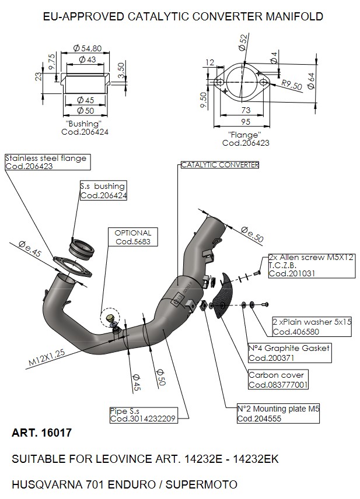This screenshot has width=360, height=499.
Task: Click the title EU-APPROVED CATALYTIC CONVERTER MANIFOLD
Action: click(183, 16)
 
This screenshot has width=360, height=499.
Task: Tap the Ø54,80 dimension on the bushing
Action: click(88, 48)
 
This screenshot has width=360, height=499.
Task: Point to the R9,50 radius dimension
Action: click(292, 85)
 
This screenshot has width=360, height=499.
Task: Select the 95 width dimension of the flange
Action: click(246, 122)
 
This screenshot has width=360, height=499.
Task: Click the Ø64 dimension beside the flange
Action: click(311, 81)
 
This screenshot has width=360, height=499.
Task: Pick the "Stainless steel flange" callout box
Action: click(47, 162)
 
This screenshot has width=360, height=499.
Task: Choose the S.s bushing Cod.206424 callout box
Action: click(103, 190)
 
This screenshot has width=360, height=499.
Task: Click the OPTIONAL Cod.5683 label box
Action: click(132, 237)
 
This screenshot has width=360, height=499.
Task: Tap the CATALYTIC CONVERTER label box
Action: click(220, 165)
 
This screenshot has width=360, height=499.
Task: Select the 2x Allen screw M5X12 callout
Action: click(312, 265)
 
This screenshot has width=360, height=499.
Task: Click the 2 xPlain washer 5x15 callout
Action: click(312, 326)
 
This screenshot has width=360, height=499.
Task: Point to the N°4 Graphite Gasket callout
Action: click(289, 353)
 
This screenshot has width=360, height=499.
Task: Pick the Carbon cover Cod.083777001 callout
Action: click(278, 379)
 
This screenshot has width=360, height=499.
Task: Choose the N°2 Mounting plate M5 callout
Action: click(278, 413)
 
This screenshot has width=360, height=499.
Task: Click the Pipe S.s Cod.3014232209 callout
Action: click(143, 415)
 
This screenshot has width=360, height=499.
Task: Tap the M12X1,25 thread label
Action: click(47, 357)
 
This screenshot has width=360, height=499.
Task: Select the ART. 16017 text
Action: click(42, 433)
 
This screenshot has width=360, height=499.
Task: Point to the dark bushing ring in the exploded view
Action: click(82, 249)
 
